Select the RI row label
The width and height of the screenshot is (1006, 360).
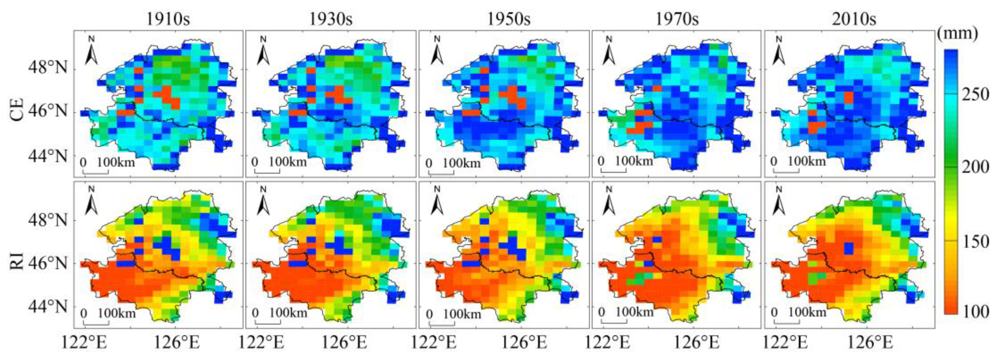(18, 261)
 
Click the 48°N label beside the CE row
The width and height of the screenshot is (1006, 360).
(48, 69)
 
